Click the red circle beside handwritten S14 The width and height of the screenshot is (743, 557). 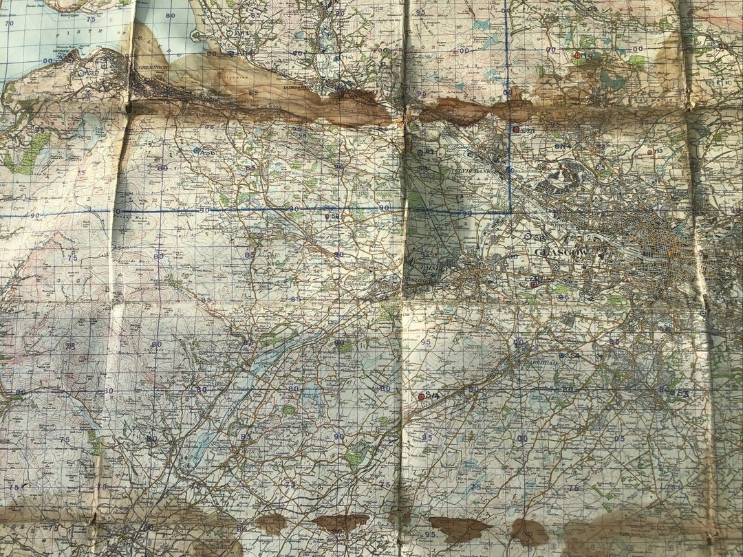421,397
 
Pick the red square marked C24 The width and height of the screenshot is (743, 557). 516,129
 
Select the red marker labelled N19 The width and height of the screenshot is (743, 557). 577,55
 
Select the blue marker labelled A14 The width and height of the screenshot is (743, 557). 230,53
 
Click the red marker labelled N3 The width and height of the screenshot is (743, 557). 649,152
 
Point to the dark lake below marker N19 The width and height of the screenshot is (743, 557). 608,78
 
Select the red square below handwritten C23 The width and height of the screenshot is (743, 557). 534,284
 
